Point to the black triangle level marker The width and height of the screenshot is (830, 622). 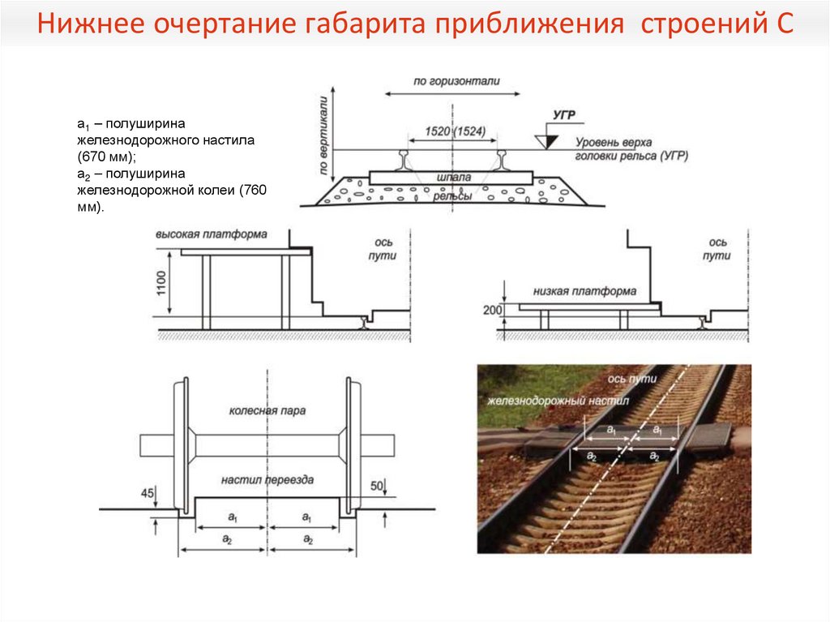550,140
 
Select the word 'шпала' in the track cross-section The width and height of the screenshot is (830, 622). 453,176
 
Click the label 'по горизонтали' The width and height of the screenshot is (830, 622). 456,81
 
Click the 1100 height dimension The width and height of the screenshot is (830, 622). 161,285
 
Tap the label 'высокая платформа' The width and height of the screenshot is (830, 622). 212,234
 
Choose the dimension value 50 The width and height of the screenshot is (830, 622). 376,486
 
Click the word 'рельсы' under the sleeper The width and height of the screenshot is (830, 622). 453,195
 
